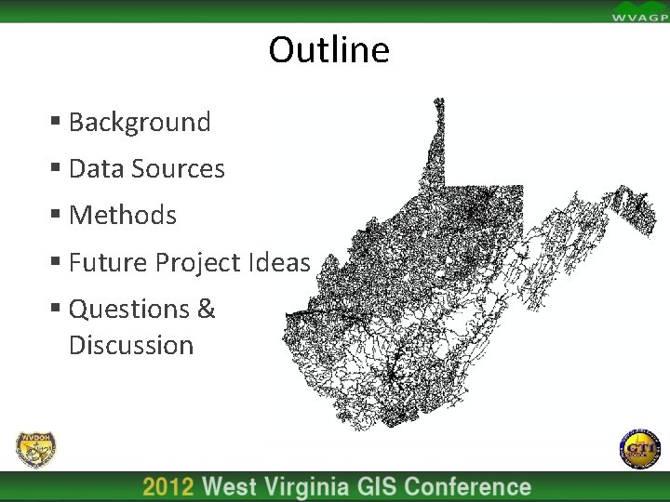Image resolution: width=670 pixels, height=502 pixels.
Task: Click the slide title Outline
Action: pyautogui.click(x=328, y=49)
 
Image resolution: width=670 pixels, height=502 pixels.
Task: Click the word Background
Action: pyautogui.click(x=140, y=122)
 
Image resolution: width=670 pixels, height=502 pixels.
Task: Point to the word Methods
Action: pyautogui.click(x=122, y=215)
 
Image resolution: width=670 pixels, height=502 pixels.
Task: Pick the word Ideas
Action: pyautogui.click(x=278, y=262)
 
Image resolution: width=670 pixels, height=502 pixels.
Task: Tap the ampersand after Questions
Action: pyautogui.click(x=207, y=308)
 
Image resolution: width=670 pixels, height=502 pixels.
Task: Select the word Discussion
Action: pyautogui.click(x=130, y=345)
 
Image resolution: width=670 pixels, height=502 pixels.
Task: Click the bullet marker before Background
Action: pyautogui.click(x=56, y=122)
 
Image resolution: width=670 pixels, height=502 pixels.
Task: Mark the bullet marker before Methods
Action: pyautogui.click(x=56, y=215)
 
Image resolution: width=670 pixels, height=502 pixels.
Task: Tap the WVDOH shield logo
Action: pyautogui.click(x=36, y=450)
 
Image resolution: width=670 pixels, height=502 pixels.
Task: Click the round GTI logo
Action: pyautogui.click(x=638, y=450)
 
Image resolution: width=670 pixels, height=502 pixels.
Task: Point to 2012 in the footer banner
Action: pyautogui.click(x=168, y=487)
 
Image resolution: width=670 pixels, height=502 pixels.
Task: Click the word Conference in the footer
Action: pyautogui.click(x=468, y=487)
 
